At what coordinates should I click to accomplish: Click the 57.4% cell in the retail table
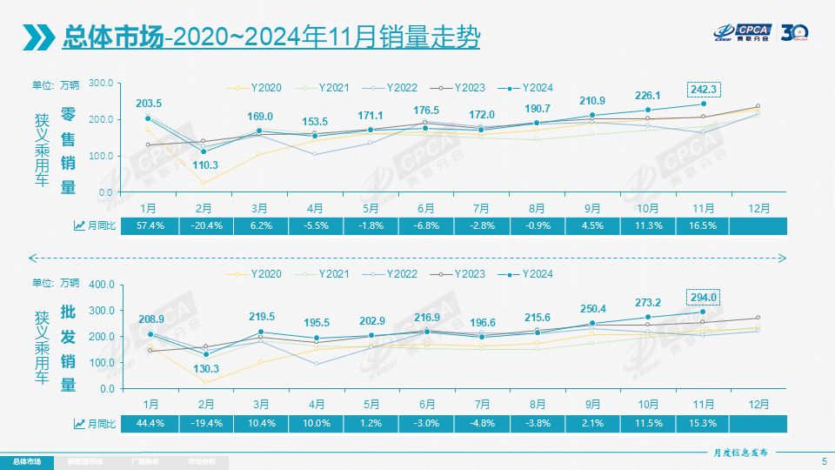149,225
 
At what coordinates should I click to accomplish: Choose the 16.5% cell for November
704,225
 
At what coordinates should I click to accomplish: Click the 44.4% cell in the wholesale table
149,423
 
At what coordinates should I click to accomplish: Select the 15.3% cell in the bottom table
704,423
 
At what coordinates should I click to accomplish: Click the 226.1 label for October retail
648,96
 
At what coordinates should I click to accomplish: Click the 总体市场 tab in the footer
26,461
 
